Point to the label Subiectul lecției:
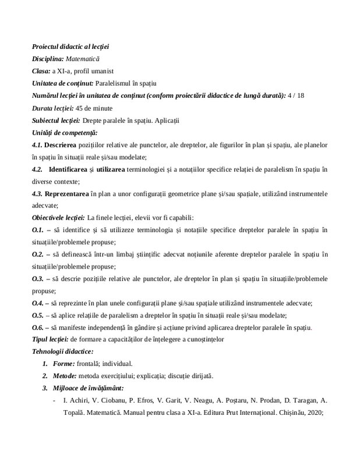coord(56,121)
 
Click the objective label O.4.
coord(38,303)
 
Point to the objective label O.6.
coord(38,328)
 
